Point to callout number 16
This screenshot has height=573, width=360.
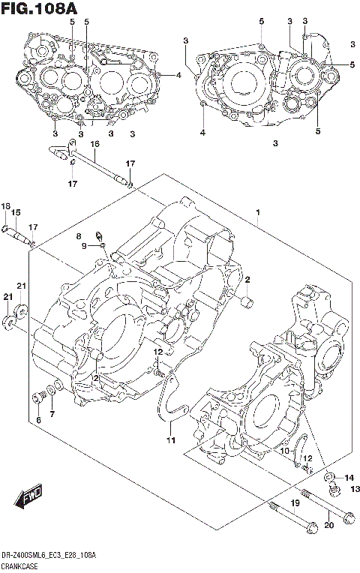click(95, 144)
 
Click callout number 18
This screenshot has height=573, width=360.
click(5, 207)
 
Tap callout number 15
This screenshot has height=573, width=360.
click(16, 213)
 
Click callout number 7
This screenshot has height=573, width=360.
click(52, 415)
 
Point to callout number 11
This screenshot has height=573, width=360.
click(170, 440)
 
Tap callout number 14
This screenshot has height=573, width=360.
click(348, 478)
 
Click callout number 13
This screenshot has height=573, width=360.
click(355, 489)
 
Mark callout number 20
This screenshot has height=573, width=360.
click(327, 525)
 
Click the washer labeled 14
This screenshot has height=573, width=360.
click(330, 476)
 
